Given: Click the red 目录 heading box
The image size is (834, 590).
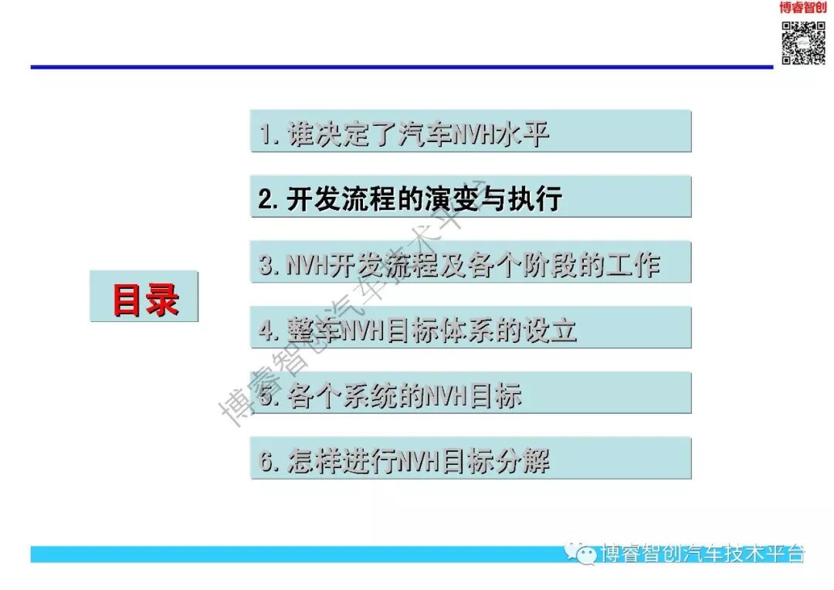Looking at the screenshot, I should pyautogui.click(x=144, y=297).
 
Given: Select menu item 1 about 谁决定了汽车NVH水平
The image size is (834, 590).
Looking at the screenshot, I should pyautogui.click(x=470, y=132).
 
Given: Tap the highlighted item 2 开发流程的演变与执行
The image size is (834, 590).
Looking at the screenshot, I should pyautogui.click(x=470, y=198).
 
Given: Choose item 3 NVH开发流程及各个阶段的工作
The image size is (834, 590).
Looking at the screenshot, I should pyautogui.click(x=470, y=263).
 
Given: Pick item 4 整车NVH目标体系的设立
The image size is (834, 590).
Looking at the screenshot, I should pyautogui.click(x=470, y=329).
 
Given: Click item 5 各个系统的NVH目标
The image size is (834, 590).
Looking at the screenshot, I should pyautogui.click(x=470, y=395).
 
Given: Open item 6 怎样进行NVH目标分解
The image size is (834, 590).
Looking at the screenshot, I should pyautogui.click(x=470, y=460).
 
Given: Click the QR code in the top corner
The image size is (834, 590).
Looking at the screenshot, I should pyautogui.click(x=803, y=42).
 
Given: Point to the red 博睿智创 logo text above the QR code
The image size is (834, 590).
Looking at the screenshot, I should pyautogui.click(x=803, y=8).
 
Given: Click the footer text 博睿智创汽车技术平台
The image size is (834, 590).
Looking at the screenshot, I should pyautogui.click(x=703, y=554).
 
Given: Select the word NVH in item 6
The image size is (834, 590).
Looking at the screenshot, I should pyautogui.click(x=418, y=462).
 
